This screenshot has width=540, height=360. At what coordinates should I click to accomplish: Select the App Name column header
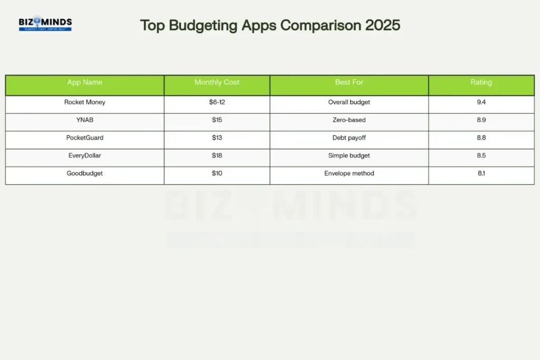coord(85,82)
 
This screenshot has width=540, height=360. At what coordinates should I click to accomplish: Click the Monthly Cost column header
coord(217,82)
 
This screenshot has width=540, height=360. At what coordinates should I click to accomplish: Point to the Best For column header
coord(349,82)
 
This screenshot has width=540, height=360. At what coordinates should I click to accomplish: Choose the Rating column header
coord(481,82)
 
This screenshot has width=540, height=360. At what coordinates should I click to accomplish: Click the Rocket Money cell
coord(85,102)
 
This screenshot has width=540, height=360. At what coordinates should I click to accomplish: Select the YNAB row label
coord(85,120)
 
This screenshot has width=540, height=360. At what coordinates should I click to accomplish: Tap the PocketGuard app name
coord(85,138)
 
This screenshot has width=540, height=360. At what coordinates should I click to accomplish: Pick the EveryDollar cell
coord(85,155)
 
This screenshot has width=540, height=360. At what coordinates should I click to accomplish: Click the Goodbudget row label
coord(85,173)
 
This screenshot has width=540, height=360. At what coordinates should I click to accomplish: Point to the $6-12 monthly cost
coord(217,102)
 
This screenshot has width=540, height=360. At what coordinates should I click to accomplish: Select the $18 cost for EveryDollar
coord(217,155)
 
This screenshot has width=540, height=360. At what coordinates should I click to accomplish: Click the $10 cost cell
coord(217,173)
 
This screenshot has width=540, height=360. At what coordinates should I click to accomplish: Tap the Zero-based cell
coord(349,120)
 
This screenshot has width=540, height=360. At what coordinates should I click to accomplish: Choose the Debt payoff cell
coord(349,138)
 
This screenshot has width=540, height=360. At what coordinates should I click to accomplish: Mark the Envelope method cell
coord(349,173)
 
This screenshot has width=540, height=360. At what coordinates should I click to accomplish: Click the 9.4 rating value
coord(481,102)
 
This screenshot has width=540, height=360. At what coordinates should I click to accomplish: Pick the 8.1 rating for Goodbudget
coord(481,173)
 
